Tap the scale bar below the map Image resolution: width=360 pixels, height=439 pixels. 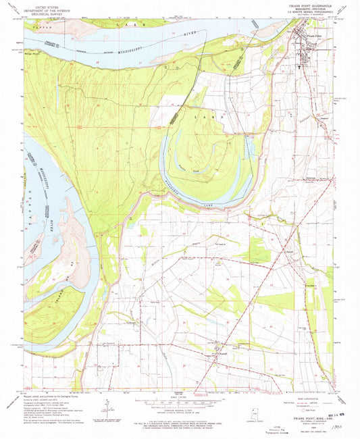[x=180, y=398]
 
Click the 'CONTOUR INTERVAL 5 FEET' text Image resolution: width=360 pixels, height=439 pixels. [x=180, y=403]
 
